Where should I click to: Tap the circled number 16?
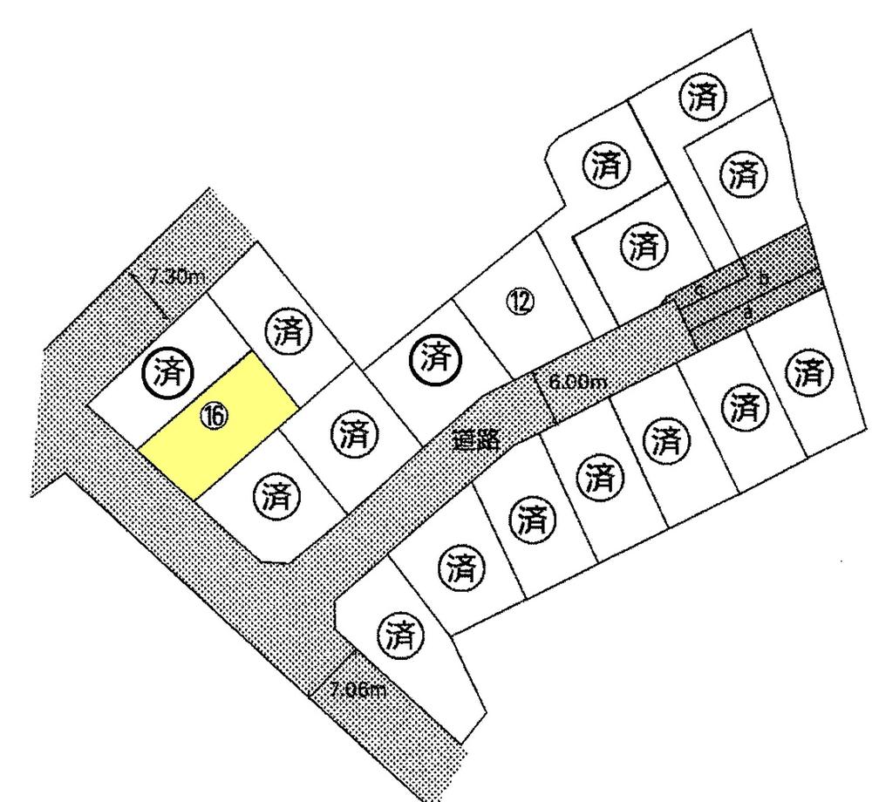click(x=214, y=416)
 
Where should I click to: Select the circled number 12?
click(x=521, y=302)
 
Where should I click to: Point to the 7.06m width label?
click(x=358, y=690)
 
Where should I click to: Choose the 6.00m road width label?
click(x=577, y=382)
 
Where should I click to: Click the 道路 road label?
click(x=476, y=440)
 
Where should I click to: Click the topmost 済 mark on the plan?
click(x=703, y=97)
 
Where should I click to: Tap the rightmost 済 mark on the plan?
click(x=810, y=374)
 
